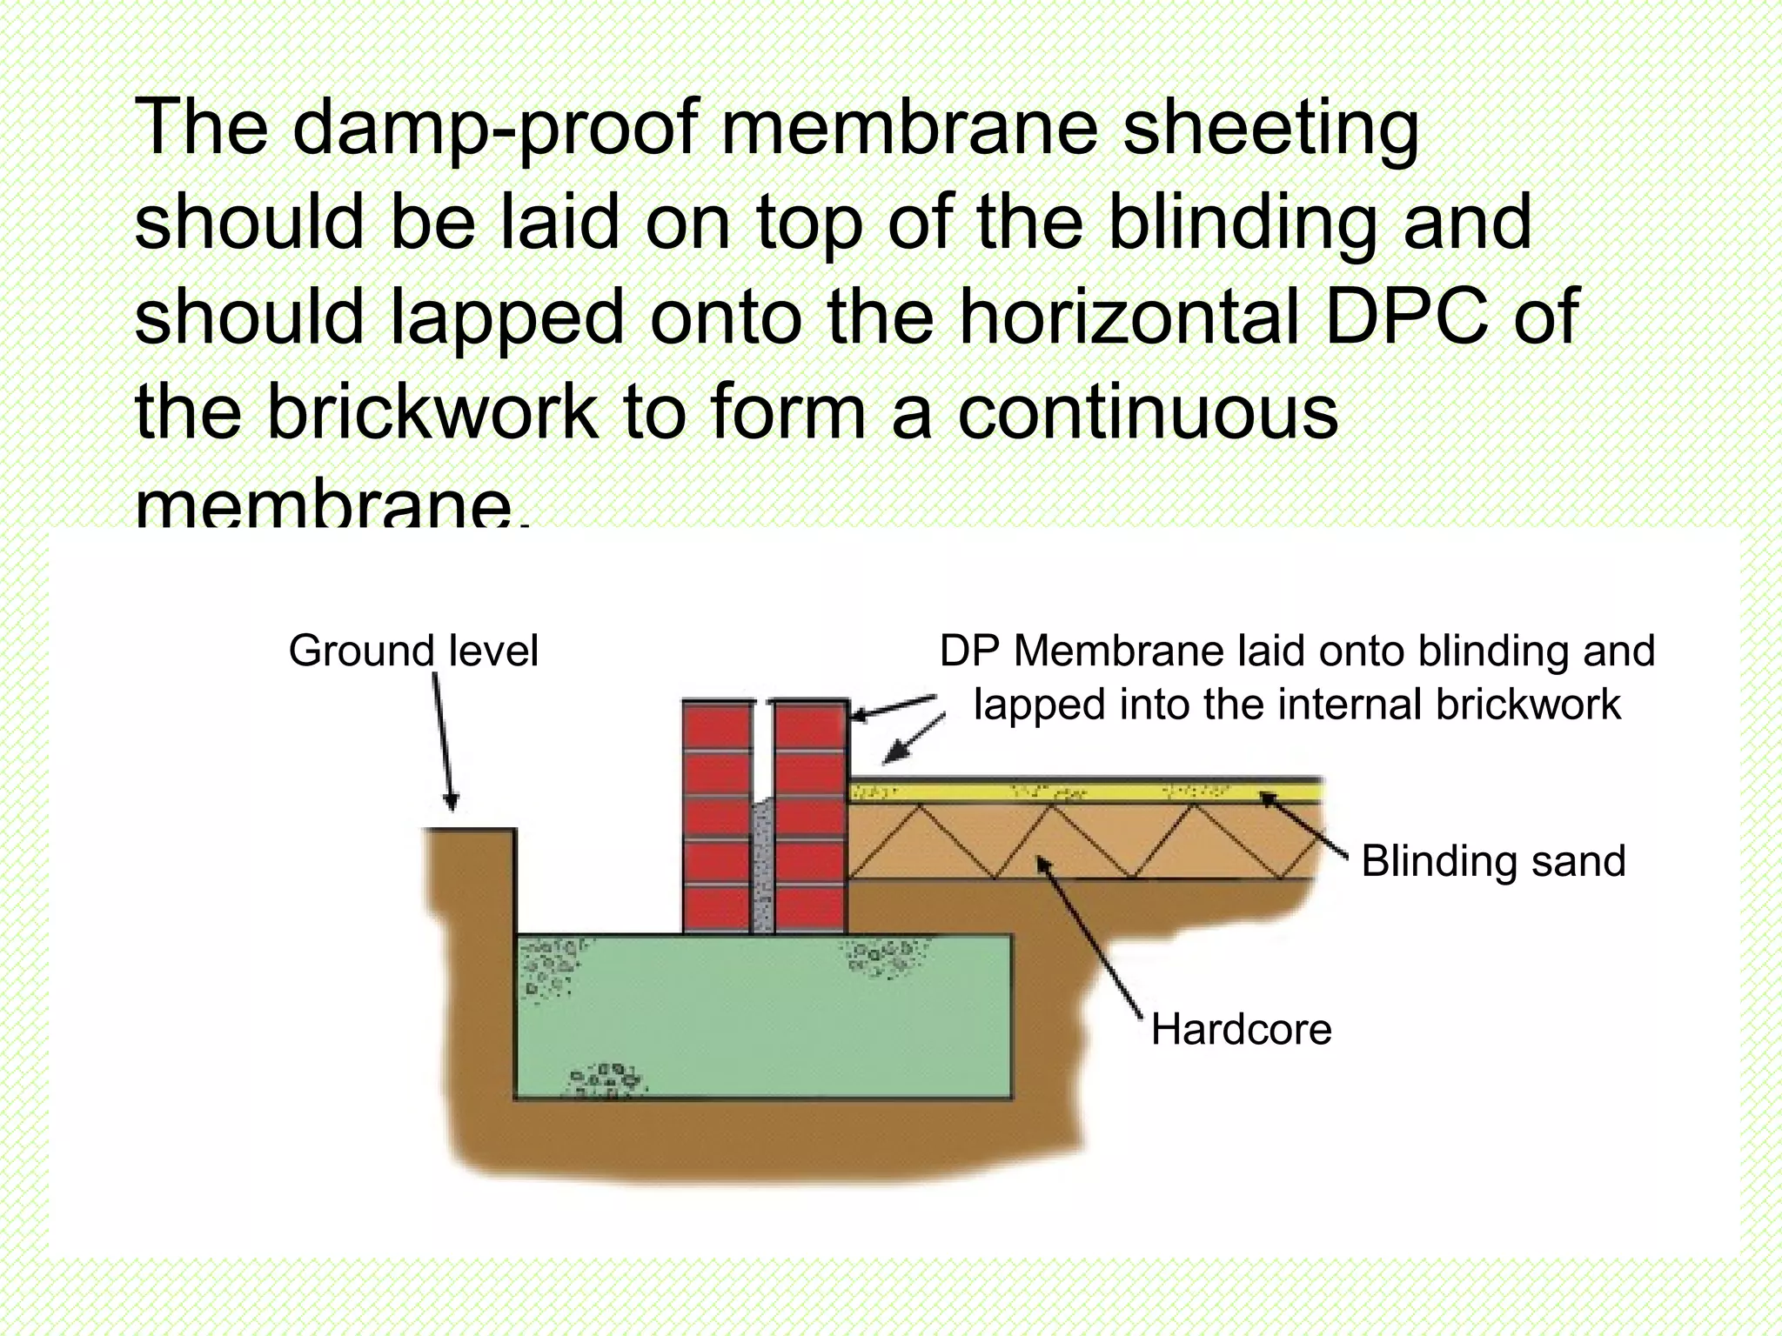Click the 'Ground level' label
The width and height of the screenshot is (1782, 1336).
click(x=413, y=651)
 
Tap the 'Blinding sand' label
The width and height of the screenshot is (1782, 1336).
click(x=1493, y=861)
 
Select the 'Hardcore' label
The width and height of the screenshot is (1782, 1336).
click(x=1241, y=1030)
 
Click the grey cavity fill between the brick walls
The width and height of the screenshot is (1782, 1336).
click(x=763, y=870)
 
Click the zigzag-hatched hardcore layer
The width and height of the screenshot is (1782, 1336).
click(x=1088, y=841)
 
